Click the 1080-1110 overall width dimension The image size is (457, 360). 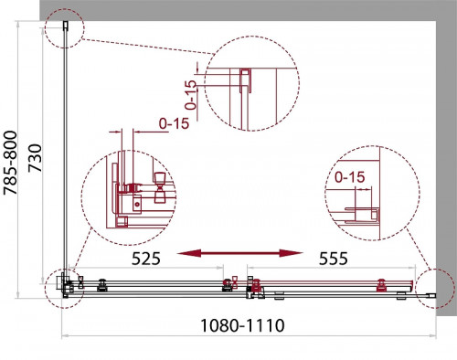point(242,325)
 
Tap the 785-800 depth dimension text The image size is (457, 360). point(10,163)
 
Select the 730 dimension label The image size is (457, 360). point(35,158)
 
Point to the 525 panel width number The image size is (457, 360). point(145,259)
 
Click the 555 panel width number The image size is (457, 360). point(333,259)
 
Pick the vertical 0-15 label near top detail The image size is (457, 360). point(191,95)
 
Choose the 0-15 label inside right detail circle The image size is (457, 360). point(349,177)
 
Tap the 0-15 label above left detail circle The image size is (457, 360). point(174,123)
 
